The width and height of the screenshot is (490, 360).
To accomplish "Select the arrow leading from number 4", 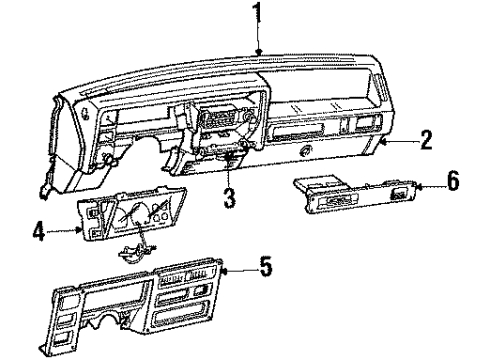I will pyautogui.click(x=68, y=231).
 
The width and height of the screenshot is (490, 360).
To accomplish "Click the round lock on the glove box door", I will pyautogui.click(x=305, y=151).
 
